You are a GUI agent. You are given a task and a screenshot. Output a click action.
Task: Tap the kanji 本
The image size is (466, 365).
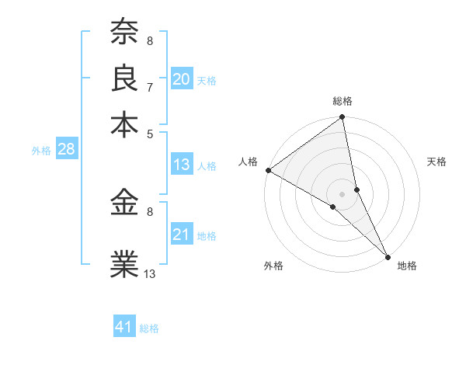tap(124, 123)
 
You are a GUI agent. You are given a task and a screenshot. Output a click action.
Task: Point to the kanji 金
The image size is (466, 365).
tap(124, 203)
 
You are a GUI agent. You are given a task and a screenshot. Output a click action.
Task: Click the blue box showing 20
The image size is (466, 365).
tap(182, 79)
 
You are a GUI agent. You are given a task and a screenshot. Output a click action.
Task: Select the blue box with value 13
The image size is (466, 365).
tap(182, 165)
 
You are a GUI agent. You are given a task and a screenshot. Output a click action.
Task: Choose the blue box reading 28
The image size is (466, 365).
tap(66, 150)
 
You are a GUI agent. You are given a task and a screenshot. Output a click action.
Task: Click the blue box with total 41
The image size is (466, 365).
tap(125, 328)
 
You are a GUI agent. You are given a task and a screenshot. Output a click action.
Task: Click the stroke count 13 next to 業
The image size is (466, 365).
tap(150, 273)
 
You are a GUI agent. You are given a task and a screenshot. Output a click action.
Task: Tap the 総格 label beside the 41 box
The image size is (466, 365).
tap(149, 328)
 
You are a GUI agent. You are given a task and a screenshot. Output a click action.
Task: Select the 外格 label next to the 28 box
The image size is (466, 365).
tap(41, 151)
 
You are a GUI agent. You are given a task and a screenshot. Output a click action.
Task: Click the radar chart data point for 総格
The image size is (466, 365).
tap(343, 119)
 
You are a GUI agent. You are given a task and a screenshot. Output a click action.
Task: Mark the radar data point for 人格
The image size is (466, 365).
tap(268, 170)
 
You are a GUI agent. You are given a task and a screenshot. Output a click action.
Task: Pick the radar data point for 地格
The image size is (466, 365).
tap(388, 256)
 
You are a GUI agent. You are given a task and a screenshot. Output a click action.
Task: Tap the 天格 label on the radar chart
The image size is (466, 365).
tap(436, 162)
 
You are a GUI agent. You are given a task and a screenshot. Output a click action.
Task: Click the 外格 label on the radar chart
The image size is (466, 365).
tap(273, 266)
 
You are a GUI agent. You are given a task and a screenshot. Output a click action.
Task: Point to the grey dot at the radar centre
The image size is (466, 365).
tap(343, 193)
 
